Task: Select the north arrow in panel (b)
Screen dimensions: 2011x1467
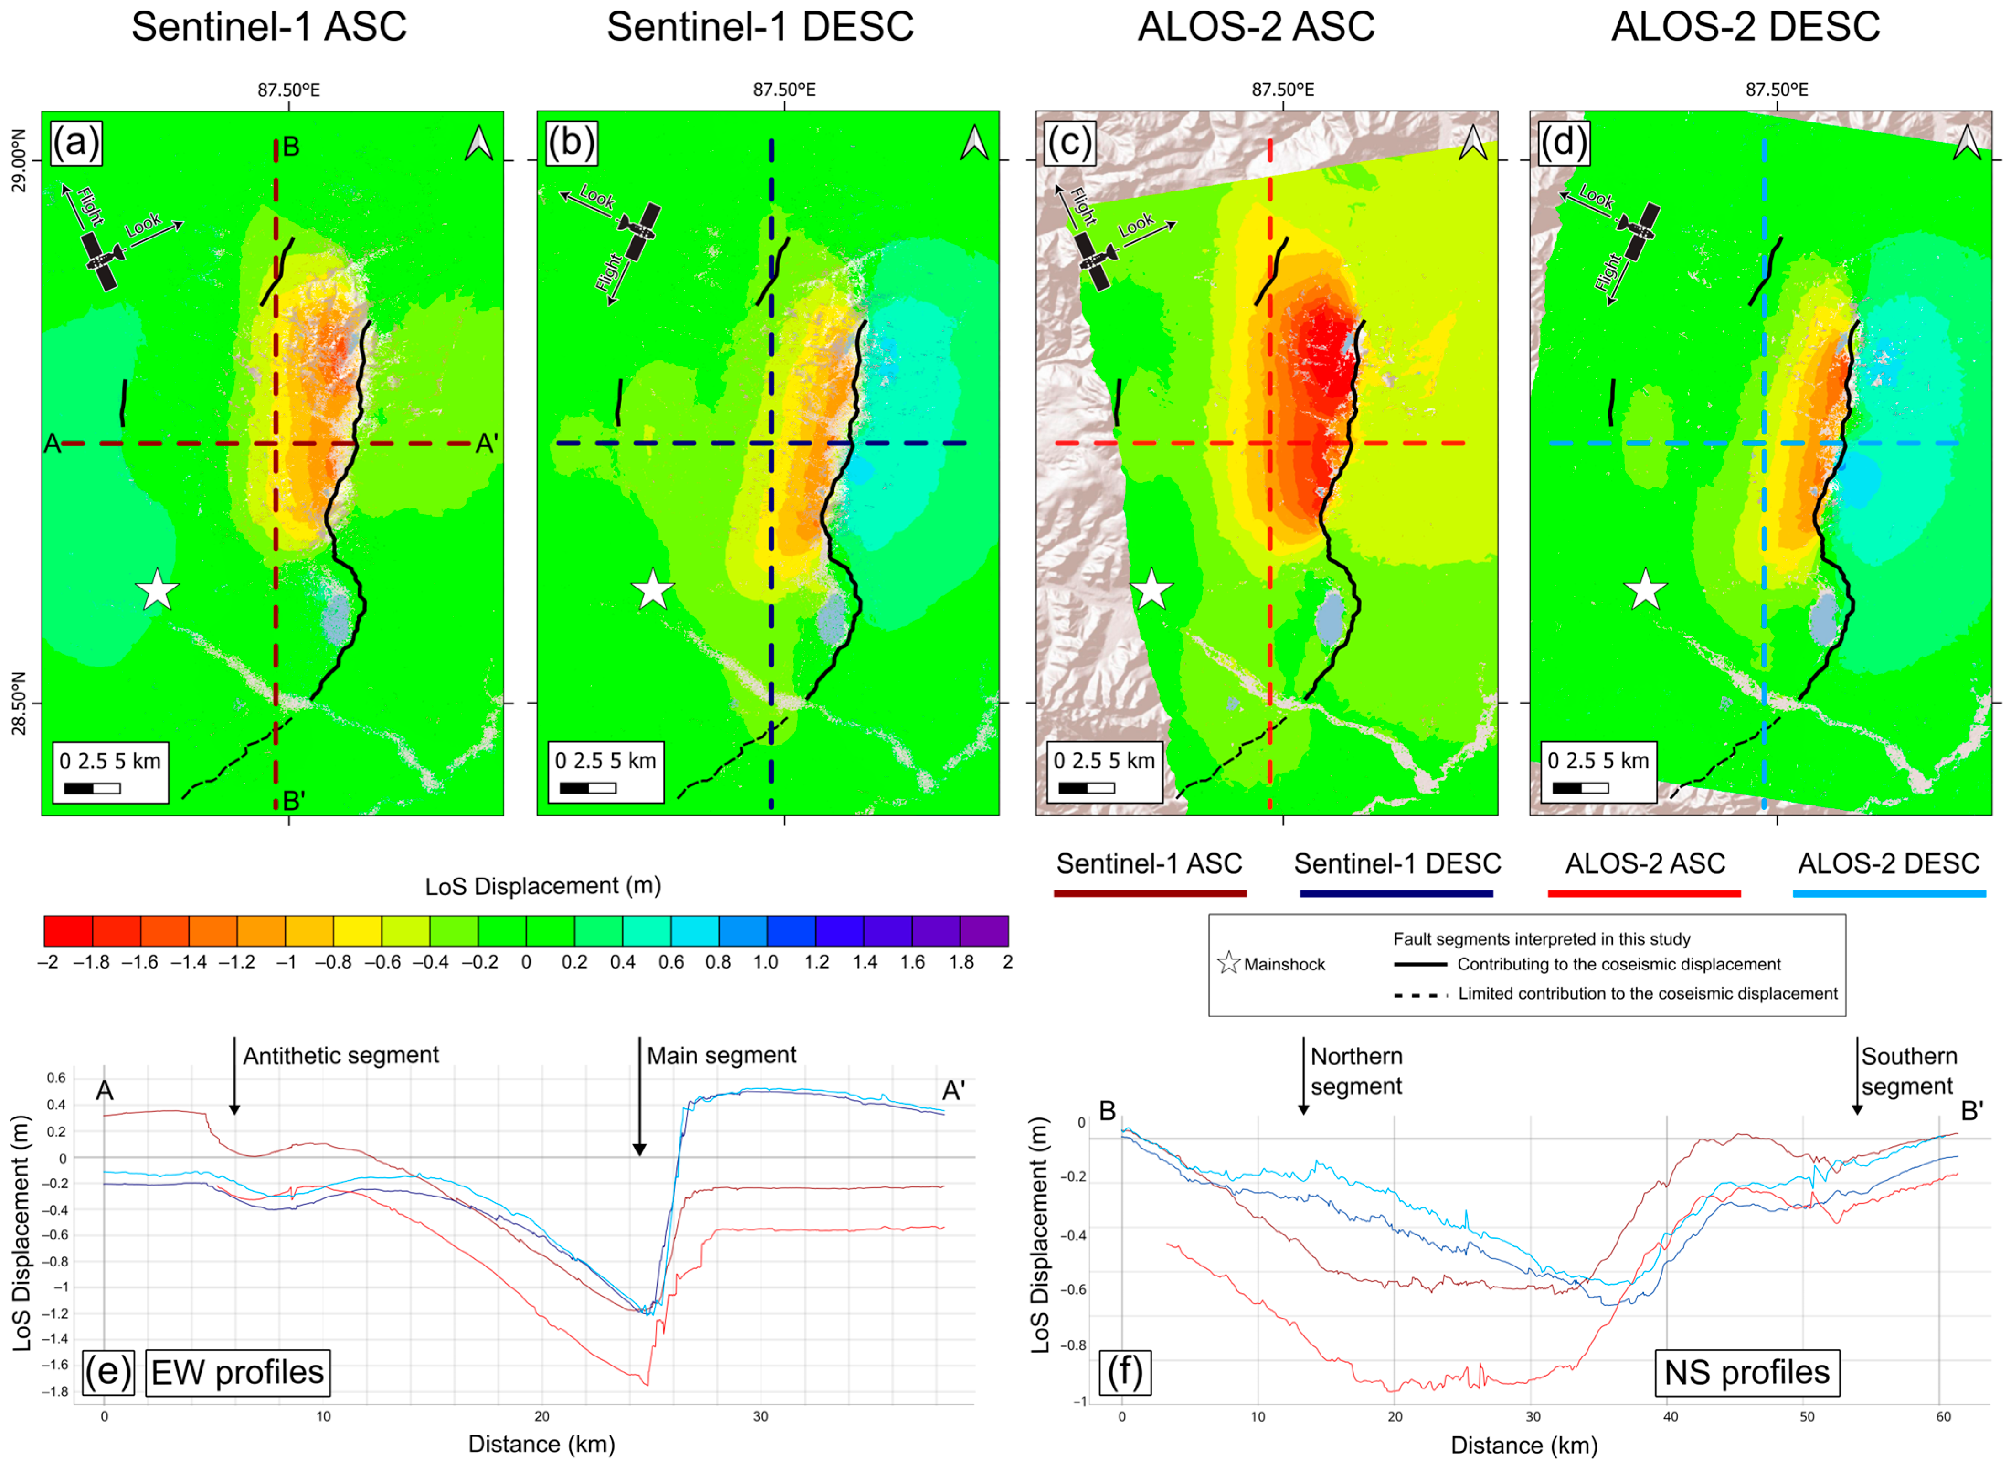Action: coord(974,142)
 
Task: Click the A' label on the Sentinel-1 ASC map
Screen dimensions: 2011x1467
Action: coord(487,443)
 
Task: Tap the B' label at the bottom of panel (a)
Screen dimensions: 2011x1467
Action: coord(294,801)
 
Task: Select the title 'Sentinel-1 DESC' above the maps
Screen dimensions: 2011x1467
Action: coord(760,26)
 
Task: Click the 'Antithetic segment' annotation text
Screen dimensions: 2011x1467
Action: coord(341,1055)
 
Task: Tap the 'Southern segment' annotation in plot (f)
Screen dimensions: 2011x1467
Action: coord(1909,1071)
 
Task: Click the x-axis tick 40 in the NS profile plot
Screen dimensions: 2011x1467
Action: coord(1671,1416)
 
